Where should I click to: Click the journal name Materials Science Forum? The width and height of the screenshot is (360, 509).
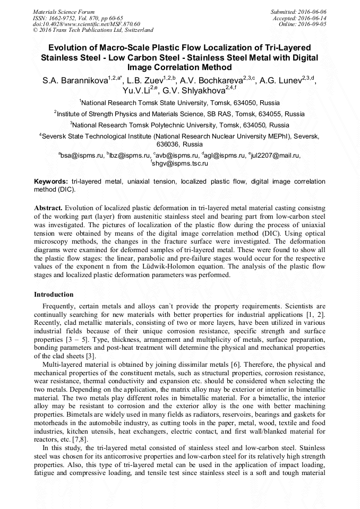pos(64,11)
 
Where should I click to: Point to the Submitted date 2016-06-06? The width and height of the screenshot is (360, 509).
pos(298,11)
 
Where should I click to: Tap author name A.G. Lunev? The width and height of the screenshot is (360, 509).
pos(282,81)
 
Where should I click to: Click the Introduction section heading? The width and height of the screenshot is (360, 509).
pos(54,294)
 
